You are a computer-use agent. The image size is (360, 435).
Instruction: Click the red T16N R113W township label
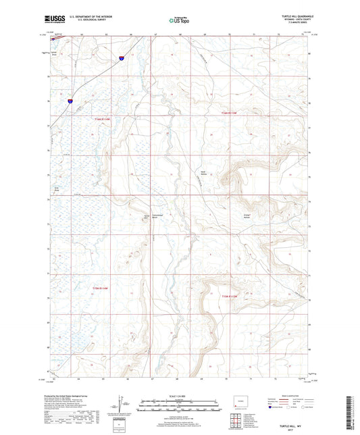tap(232, 113)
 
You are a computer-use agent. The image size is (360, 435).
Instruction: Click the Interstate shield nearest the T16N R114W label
tap(70, 101)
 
